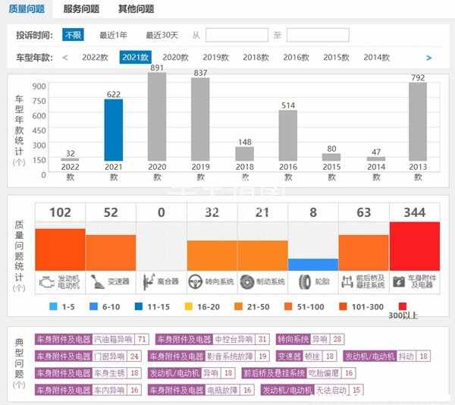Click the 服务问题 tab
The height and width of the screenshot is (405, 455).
pos(81,9)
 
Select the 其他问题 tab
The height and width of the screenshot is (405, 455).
pos(136,9)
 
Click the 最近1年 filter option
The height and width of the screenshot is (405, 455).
pos(115,35)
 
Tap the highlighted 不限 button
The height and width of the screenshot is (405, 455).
pos(74,35)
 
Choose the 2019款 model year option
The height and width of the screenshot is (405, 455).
pos(216,57)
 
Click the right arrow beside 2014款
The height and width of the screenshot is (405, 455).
pos(428,57)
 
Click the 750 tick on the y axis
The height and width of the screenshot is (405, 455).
pos(39,101)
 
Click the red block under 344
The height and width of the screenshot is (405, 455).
pos(414,246)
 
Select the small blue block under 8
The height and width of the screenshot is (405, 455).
pos(313,265)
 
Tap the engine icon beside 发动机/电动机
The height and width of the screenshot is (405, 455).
pos(47,281)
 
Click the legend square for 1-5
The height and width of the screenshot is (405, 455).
pos(52,306)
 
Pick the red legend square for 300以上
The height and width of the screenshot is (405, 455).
pos(392,306)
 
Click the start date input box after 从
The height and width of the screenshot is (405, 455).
pos(237,35)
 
